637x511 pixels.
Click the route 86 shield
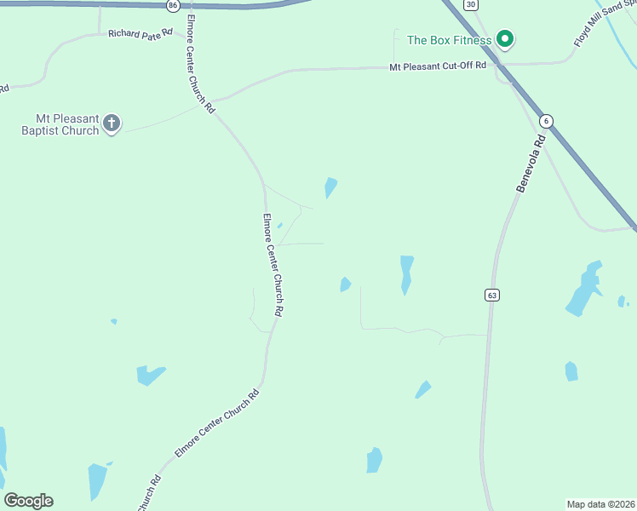pyautogui.click(x=174, y=5)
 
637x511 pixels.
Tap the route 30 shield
pyautogui.click(x=471, y=4)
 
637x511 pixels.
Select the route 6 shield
pyautogui.click(x=546, y=121)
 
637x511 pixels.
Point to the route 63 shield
pyautogui.click(x=491, y=295)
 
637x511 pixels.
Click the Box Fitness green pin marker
pyautogui.click(x=504, y=39)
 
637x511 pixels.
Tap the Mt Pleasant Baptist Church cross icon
pyautogui.click(x=112, y=124)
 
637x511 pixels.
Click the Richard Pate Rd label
pyautogui.click(x=141, y=33)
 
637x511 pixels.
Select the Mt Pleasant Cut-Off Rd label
pyautogui.click(x=438, y=66)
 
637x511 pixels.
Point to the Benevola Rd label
pyautogui.click(x=530, y=162)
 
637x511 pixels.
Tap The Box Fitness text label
pyautogui.click(x=449, y=40)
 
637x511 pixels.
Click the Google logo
pyautogui.click(x=28, y=501)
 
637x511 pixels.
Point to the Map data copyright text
pyautogui.click(x=601, y=503)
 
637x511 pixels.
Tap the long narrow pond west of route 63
pyautogui.click(x=406, y=274)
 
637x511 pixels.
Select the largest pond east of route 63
pyautogui.click(x=584, y=290)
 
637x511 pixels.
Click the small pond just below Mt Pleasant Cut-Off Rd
pyautogui.click(x=330, y=187)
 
